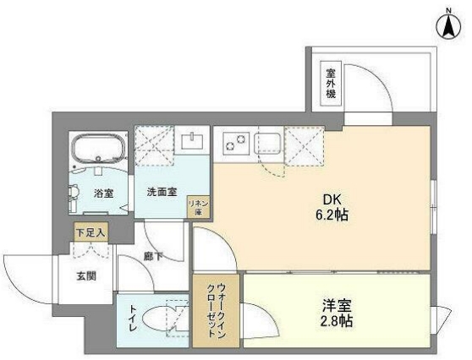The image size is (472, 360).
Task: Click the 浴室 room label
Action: point(104,193)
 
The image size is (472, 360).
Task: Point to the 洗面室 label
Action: point(161,193)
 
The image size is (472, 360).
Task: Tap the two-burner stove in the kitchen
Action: point(233,143)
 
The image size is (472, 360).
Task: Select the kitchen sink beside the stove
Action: point(268,143)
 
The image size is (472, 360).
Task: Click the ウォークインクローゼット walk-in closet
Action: point(217,308)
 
